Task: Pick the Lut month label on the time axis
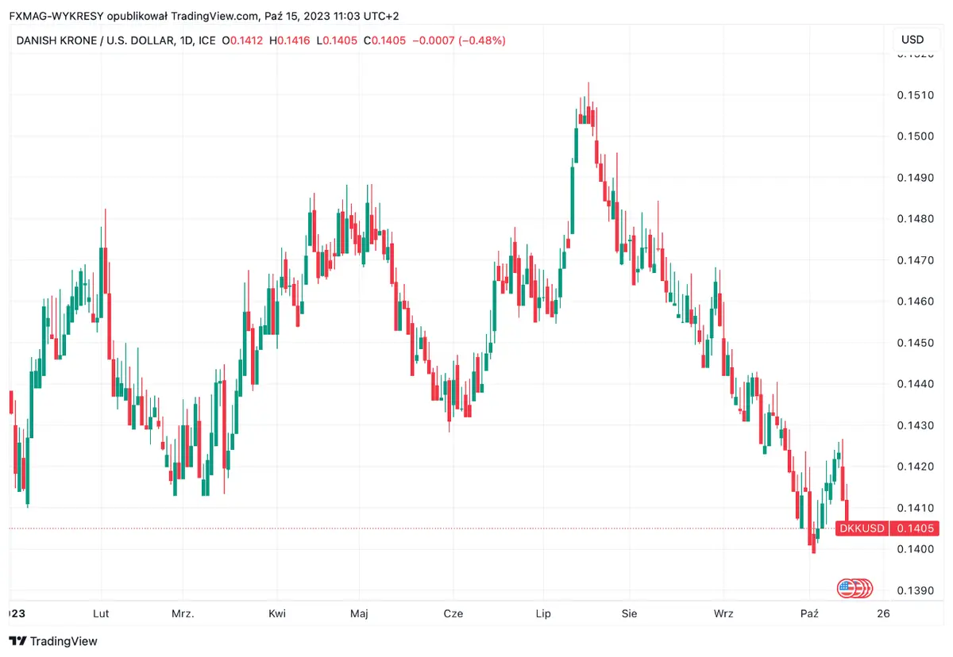pos(101,613)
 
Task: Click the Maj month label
pos(359,613)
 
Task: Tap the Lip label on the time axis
pos(543,613)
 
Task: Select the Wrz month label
pos(723,613)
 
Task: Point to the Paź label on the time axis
pos(809,613)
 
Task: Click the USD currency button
pos(912,40)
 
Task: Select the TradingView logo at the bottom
pos(53,641)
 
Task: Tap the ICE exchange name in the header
pos(206,40)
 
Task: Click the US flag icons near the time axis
pos(855,588)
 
